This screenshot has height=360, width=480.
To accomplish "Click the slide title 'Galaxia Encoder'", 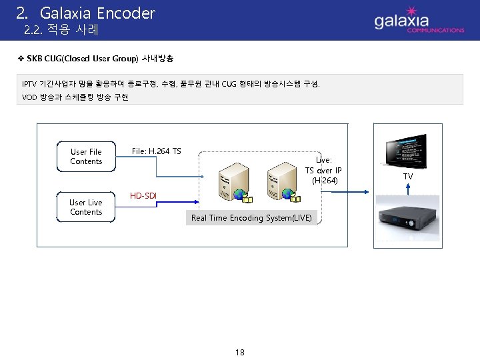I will click(x=97, y=13).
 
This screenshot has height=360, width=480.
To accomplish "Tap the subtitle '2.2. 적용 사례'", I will click(x=61, y=30).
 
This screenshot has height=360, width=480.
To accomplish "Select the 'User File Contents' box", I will click(x=86, y=157).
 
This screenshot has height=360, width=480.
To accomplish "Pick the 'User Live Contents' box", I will click(x=86, y=207).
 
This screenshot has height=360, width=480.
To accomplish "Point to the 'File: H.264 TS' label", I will click(x=156, y=151).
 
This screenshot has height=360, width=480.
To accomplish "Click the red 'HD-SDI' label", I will click(x=144, y=196).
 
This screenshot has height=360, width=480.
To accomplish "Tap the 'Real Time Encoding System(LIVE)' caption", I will click(x=251, y=218).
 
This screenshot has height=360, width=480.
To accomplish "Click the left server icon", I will click(x=235, y=182).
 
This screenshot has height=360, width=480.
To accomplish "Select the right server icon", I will click(x=281, y=182).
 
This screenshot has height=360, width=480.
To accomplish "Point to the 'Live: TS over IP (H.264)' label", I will click(x=323, y=170).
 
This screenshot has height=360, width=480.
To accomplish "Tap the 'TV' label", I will click(x=407, y=177).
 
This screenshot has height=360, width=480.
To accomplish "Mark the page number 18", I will click(x=239, y=352).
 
